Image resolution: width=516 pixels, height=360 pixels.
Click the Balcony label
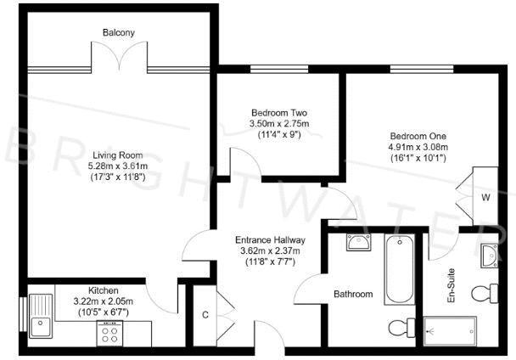(119, 33)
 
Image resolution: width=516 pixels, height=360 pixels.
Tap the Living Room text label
(120, 155)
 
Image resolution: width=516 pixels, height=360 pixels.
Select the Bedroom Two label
(279, 113)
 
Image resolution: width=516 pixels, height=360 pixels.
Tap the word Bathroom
(352, 295)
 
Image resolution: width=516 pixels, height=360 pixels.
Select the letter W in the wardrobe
(485, 199)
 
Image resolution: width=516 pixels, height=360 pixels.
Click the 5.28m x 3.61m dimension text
(120, 166)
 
